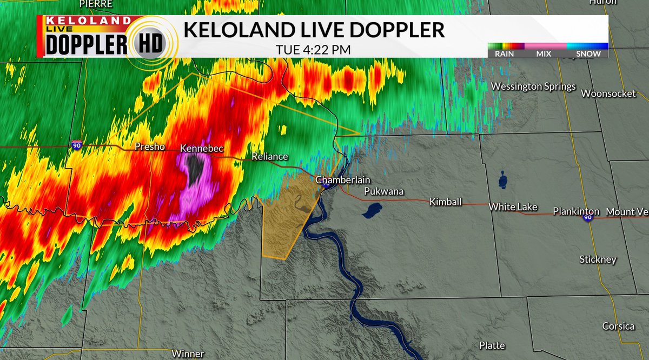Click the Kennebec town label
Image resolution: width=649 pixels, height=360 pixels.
(202, 148)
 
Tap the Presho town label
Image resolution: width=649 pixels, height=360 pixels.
(150, 146)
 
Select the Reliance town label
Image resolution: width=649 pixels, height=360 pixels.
(270, 157)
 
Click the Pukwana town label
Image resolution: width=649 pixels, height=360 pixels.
(384, 191)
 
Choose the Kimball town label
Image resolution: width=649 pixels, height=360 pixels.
(446, 202)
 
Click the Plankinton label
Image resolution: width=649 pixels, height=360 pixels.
(576, 211)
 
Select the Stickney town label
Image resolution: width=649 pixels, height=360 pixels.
(598, 259)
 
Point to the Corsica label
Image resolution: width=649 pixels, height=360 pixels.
(619, 326)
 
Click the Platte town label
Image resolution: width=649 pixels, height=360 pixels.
(492, 345)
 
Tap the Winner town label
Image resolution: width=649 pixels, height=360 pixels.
(188, 354)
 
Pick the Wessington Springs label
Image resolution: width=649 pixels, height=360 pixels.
(533, 86)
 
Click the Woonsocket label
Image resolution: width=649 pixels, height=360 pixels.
(608, 94)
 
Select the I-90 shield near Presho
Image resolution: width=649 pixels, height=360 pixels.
(77, 144)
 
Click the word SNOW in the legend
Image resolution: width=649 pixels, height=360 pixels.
(588, 54)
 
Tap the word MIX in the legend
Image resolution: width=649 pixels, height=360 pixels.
(544, 54)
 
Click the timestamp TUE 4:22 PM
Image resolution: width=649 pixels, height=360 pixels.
(313, 49)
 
